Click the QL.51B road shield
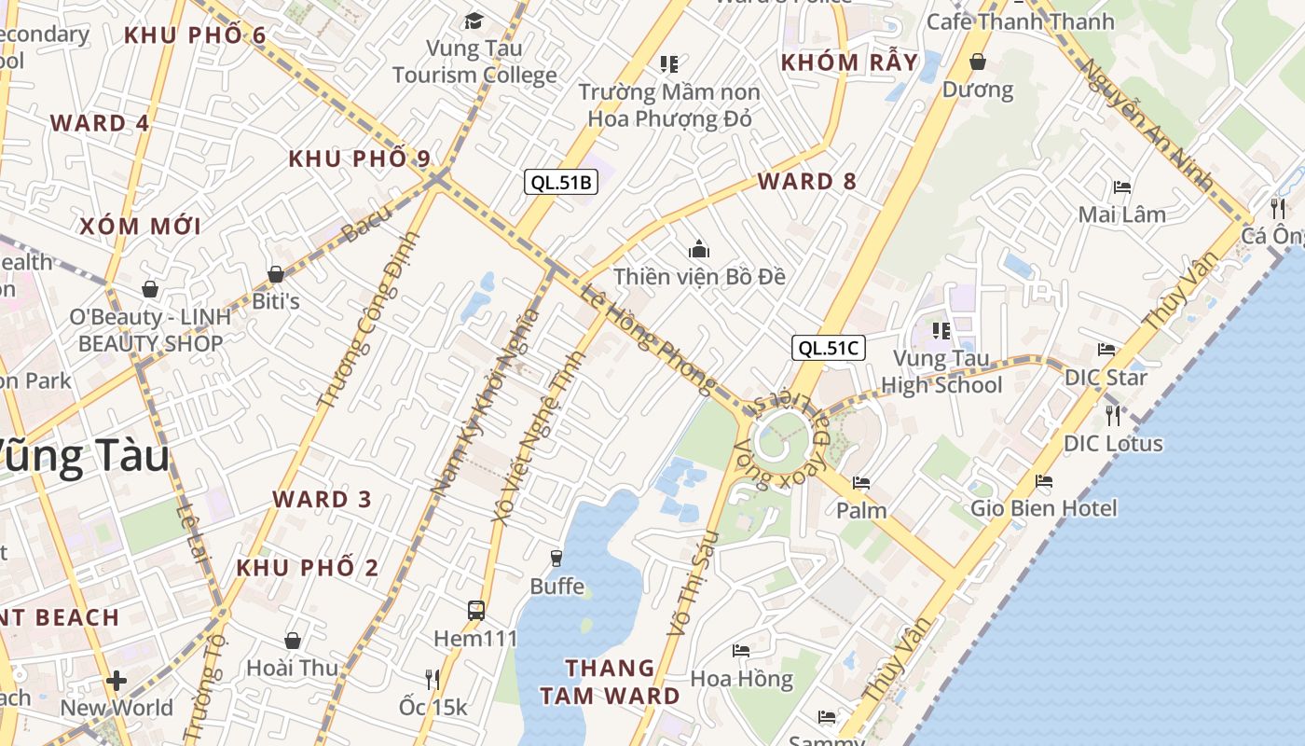click(x=560, y=182)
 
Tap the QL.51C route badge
click(x=829, y=349)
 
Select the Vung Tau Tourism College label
click(x=474, y=62)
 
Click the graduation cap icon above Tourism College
click(x=474, y=21)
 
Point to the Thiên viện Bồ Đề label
click(x=699, y=277)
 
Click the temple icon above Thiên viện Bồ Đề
click(x=699, y=249)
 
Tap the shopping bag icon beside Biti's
click(x=276, y=274)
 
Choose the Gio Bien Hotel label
click(x=1043, y=508)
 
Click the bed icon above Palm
click(x=861, y=483)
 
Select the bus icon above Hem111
click(x=476, y=611)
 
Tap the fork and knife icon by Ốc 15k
click(x=433, y=679)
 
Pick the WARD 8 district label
click(x=806, y=182)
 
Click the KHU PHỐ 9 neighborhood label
click(x=359, y=159)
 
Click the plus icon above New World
click(x=117, y=681)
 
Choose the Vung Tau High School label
click(x=941, y=371)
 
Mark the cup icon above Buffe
click(x=556, y=558)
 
